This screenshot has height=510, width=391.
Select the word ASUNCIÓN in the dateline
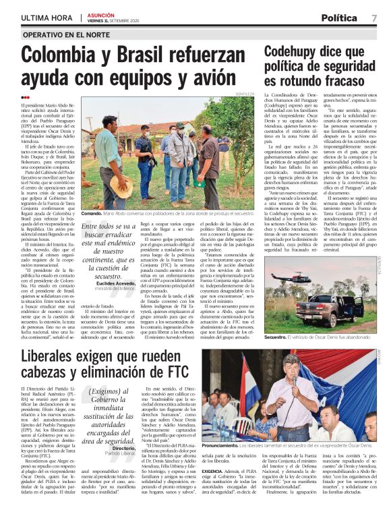101,13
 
